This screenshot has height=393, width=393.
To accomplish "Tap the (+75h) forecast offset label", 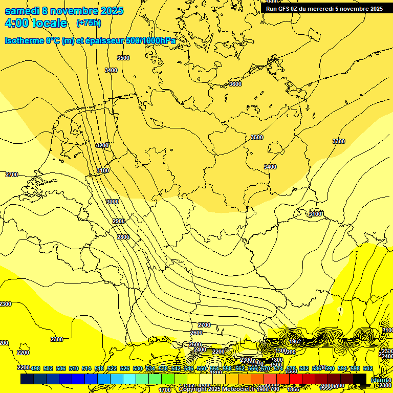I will pos(89,23).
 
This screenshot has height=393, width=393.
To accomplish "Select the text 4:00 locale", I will pos(36,23).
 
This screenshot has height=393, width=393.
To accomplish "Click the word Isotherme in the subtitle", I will pos(24,40).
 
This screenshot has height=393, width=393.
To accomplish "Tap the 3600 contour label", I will pos(235,84).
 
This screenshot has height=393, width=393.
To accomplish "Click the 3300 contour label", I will pos(338,141).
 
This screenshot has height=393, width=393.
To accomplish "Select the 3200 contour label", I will pos(102,145).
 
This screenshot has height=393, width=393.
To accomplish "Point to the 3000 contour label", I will pos(112,202).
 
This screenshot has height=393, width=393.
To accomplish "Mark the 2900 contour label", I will pos(119,221).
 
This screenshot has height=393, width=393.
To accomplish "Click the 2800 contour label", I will pos(123,237).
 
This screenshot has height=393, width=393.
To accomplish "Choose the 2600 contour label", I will pos(196,333).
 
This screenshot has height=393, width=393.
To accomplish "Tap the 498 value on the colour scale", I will pos(35,368).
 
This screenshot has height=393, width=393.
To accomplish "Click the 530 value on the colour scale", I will pos(138,368).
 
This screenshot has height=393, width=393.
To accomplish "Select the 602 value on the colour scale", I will pos(367,368).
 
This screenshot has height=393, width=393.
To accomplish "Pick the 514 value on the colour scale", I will pos(86,368).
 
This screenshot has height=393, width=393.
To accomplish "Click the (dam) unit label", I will pos(379,379).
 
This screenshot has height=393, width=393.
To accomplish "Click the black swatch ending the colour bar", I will pos(360,379).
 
